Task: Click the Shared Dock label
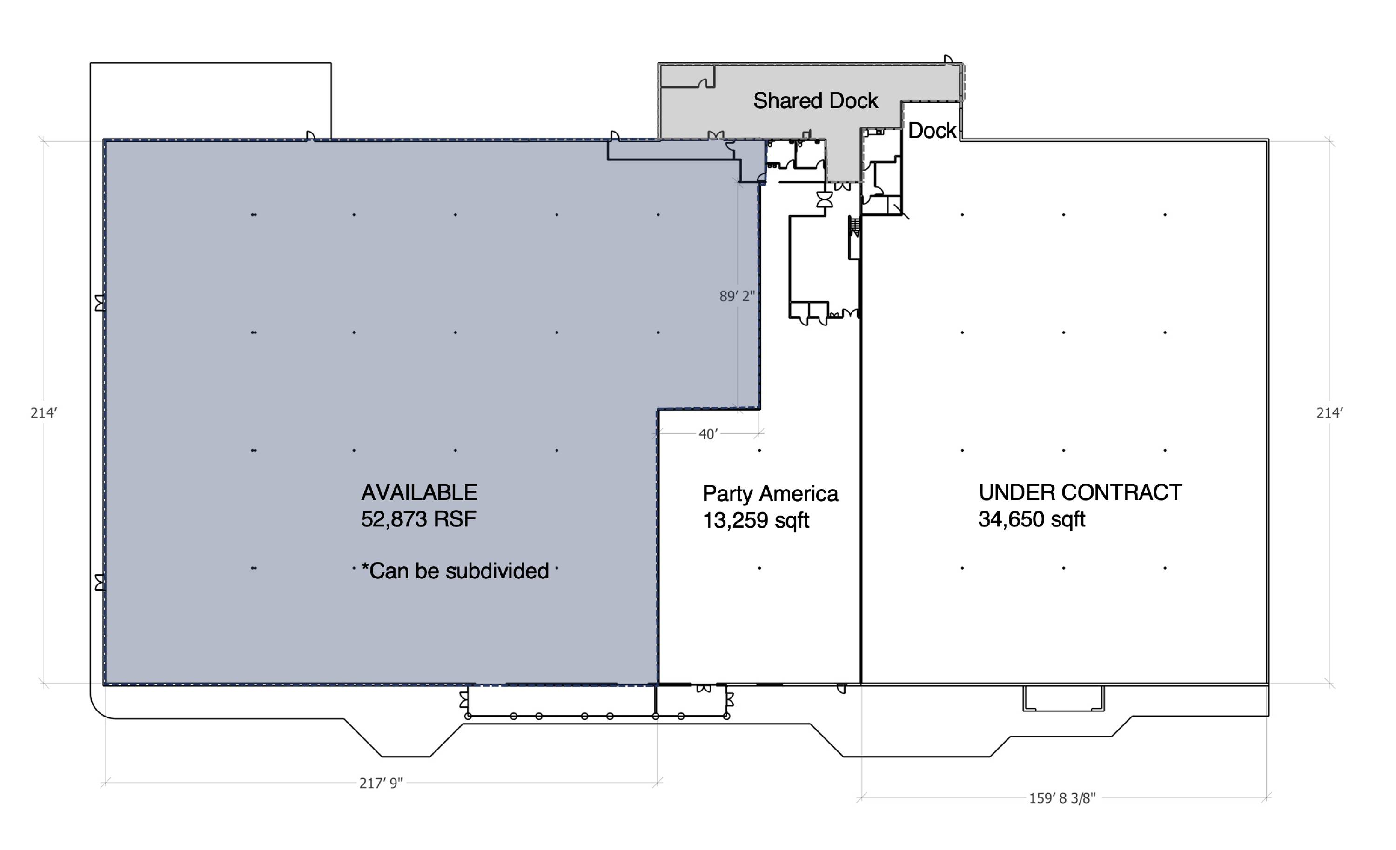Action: (x=815, y=101)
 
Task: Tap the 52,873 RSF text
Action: (x=419, y=519)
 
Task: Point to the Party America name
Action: (x=770, y=494)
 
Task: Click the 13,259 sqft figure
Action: (x=756, y=520)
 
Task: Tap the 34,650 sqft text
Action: (x=1032, y=519)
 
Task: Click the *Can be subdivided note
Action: (x=456, y=571)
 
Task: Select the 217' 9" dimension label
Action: (x=381, y=783)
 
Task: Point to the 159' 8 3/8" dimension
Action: (x=1062, y=798)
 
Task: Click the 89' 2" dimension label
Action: (x=737, y=296)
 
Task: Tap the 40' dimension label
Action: (x=708, y=434)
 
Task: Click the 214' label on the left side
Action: (x=44, y=413)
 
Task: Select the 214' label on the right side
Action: (x=1329, y=413)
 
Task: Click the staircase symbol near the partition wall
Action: (x=854, y=226)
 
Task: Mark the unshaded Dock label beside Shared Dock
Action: (x=932, y=131)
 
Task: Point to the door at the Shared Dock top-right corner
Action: (x=948, y=60)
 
